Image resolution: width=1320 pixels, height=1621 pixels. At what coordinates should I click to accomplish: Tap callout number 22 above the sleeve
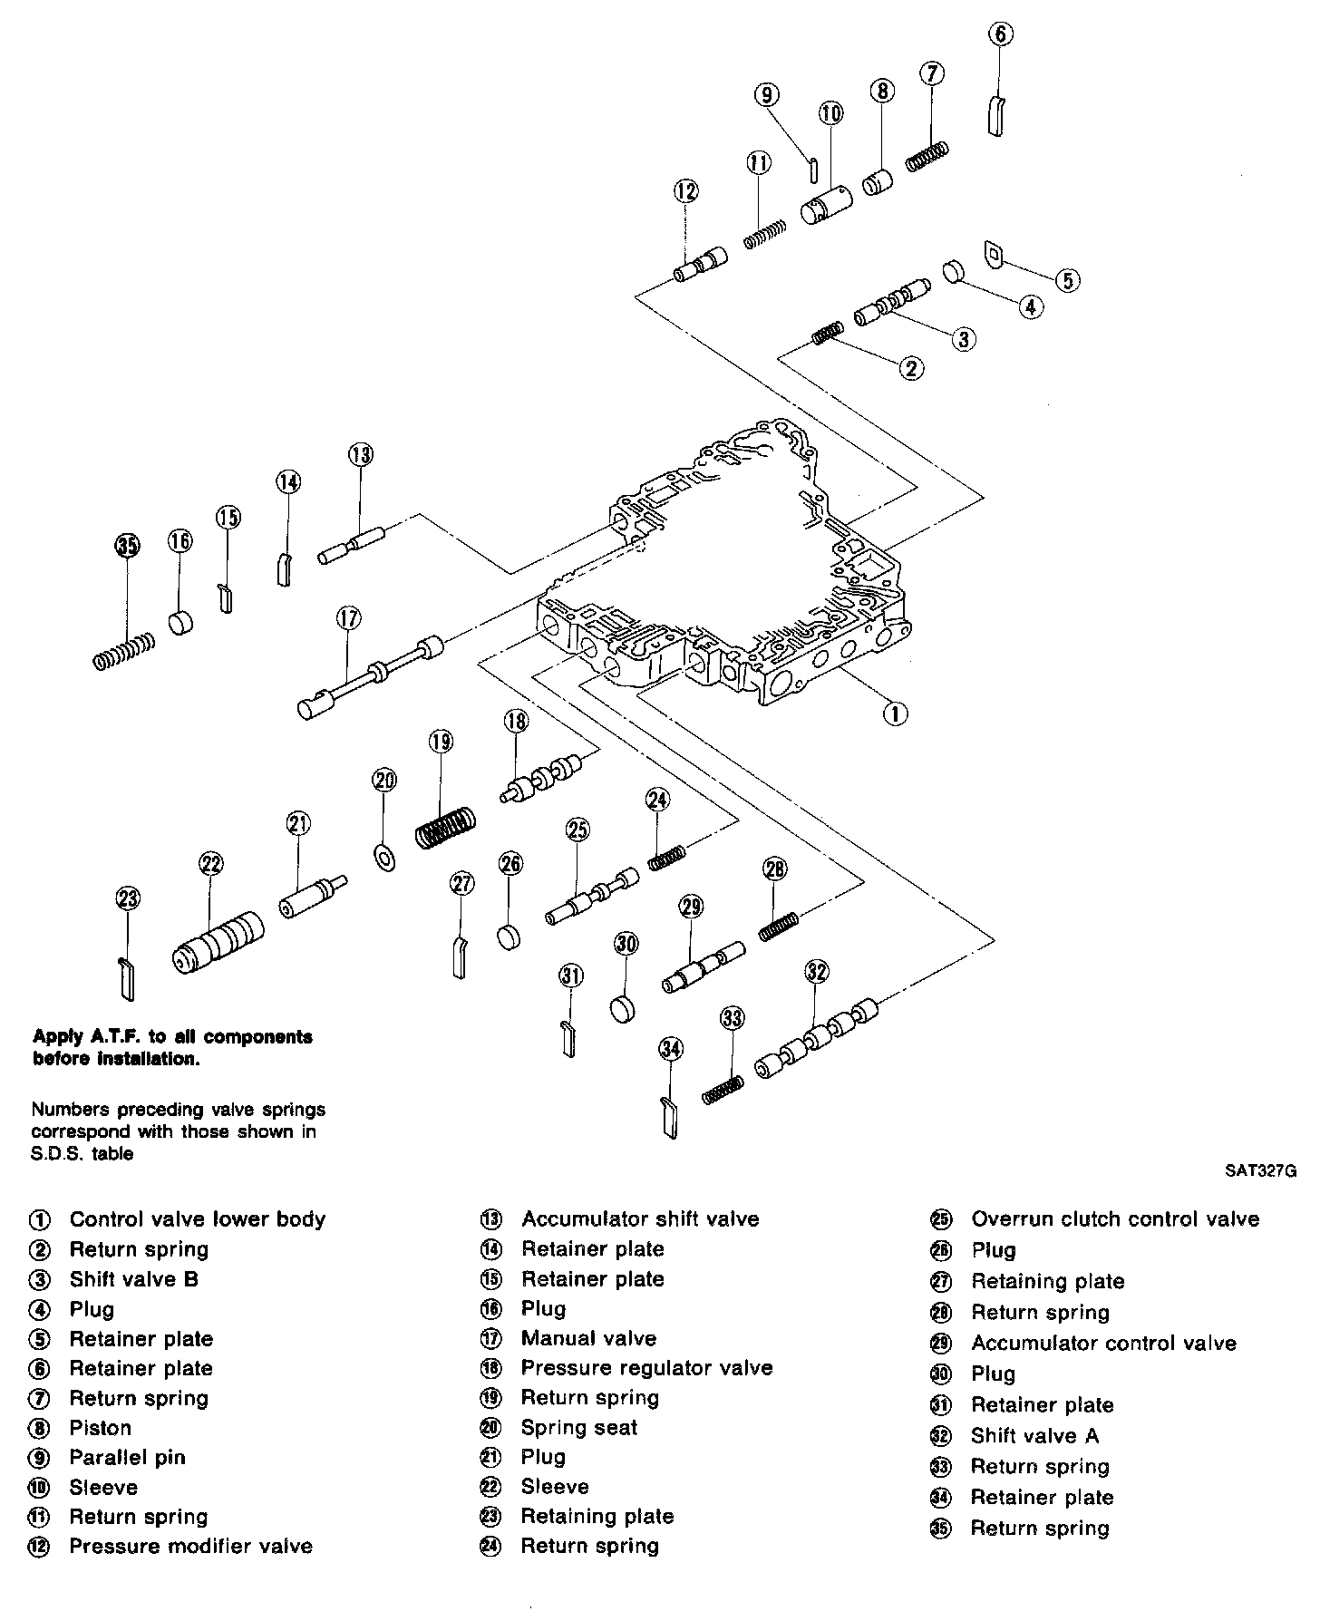point(211,863)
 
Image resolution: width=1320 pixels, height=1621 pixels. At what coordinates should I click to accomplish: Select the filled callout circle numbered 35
point(128,545)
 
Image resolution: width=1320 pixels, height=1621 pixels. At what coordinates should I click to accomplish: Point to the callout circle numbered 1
point(895,713)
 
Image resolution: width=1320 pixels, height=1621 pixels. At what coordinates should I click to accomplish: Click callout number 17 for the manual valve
point(348,618)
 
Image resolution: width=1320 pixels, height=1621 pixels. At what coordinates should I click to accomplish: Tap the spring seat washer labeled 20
point(383,856)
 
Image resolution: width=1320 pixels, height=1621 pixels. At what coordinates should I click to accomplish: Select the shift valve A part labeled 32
point(817,1036)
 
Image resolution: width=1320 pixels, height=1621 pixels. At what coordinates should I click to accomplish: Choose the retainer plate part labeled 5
point(995,254)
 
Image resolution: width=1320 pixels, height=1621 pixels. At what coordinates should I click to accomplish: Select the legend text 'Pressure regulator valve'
point(646,1368)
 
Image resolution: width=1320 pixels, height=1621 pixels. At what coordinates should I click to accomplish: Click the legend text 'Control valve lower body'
point(197,1219)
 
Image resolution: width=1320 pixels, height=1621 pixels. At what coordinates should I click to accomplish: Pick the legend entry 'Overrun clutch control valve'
point(1114,1219)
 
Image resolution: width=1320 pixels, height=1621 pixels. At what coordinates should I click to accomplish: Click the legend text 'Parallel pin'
point(127,1458)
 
